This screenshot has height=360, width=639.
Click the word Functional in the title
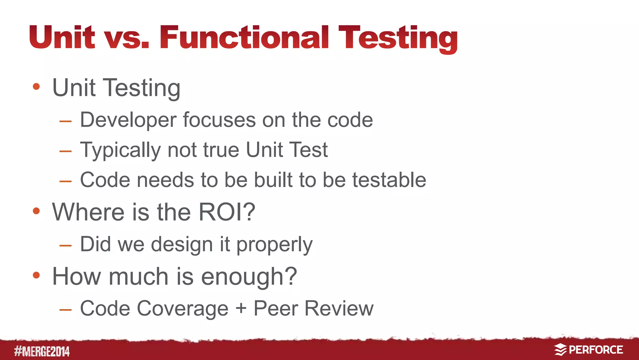point(244,37)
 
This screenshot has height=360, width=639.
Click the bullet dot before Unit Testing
point(36,86)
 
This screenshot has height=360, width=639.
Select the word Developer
point(128,120)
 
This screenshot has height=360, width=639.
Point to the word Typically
point(120,150)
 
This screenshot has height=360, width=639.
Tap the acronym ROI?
point(227,212)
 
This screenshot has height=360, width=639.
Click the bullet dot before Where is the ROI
point(36,211)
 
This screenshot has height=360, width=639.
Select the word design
point(182,244)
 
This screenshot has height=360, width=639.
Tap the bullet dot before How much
point(36,275)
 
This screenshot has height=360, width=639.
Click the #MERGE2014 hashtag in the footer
point(42,352)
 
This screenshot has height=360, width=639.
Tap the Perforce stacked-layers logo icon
point(560,350)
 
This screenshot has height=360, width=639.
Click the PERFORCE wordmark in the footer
point(596,350)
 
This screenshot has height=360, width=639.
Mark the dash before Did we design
point(66,246)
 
